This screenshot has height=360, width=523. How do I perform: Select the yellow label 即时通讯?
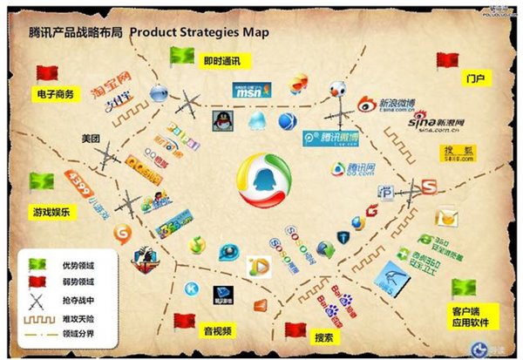(x=221, y=61)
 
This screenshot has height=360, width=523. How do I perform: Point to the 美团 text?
(x=92, y=139)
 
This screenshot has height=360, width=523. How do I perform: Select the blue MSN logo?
(x=252, y=90)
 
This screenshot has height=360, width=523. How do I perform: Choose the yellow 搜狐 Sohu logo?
(x=458, y=154)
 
